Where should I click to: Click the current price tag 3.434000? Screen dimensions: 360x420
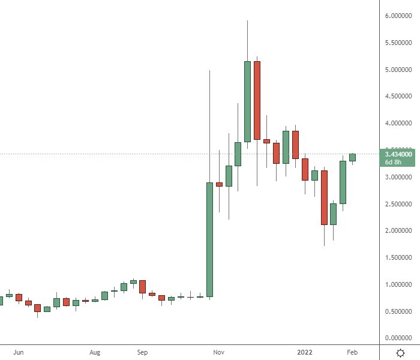pyautogui.click(x=399, y=154)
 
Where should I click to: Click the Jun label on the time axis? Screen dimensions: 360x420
pyautogui.click(x=18, y=353)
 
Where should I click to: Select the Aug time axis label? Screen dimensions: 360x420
pyautogui.click(x=94, y=353)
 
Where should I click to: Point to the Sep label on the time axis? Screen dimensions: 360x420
pyautogui.click(x=142, y=353)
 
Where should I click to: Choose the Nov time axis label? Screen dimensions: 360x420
pyautogui.click(x=219, y=353)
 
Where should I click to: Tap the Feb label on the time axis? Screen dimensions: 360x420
pyautogui.click(x=352, y=353)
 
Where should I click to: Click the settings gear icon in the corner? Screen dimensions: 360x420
pyautogui.click(x=400, y=352)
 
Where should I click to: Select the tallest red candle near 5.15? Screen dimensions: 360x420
pyautogui.click(x=257, y=100)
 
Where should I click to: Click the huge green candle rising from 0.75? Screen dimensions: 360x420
pyautogui.click(x=209, y=239)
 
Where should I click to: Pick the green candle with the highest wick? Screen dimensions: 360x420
pyautogui.click(x=247, y=101)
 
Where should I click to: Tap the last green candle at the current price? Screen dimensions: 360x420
pyautogui.click(x=352, y=157)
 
